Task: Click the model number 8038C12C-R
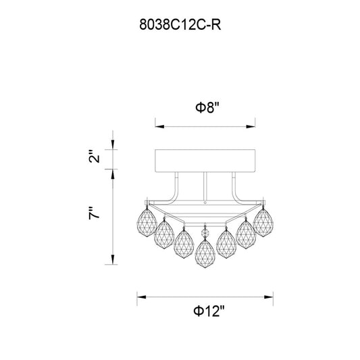[180, 24]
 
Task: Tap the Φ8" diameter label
[207, 107]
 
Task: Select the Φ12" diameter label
[209, 311]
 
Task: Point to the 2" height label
[95, 156]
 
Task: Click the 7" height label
[95, 213]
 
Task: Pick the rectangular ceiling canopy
[205, 161]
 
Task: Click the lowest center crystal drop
[205, 254]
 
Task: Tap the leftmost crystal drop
[147, 222]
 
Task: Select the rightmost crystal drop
[263, 222]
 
